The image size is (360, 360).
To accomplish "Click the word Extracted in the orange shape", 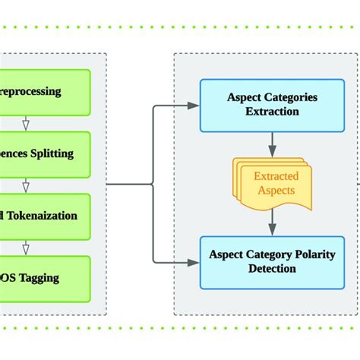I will (x=276, y=176).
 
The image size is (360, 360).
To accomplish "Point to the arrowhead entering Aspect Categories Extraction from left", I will (x=194, y=106).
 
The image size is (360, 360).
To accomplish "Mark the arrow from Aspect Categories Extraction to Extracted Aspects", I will (x=271, y=144).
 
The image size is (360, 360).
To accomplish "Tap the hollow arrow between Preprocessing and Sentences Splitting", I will (x=25, y=123).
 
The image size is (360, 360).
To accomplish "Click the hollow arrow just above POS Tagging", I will (x=25, y=247).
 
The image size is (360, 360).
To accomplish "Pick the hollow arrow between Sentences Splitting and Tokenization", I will (x=25, y=185).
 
